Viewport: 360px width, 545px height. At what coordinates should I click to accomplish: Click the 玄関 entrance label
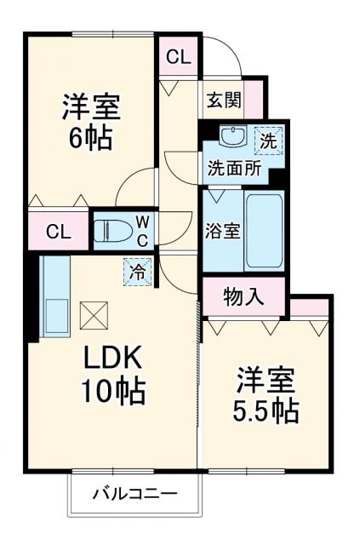221,100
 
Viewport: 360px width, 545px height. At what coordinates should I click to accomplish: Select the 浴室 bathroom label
223,232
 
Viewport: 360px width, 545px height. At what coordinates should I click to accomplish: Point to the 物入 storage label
243,296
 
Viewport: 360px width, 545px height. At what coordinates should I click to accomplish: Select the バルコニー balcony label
134,493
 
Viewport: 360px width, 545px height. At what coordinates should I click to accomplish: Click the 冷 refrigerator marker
137,272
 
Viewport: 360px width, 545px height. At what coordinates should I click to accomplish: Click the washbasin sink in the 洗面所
231,136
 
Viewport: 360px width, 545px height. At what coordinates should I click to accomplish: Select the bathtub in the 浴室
264,230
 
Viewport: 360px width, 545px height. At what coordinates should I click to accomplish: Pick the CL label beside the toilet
58,231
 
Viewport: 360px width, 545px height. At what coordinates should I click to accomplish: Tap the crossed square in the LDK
93,316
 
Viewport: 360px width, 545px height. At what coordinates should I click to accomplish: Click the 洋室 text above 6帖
89,107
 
